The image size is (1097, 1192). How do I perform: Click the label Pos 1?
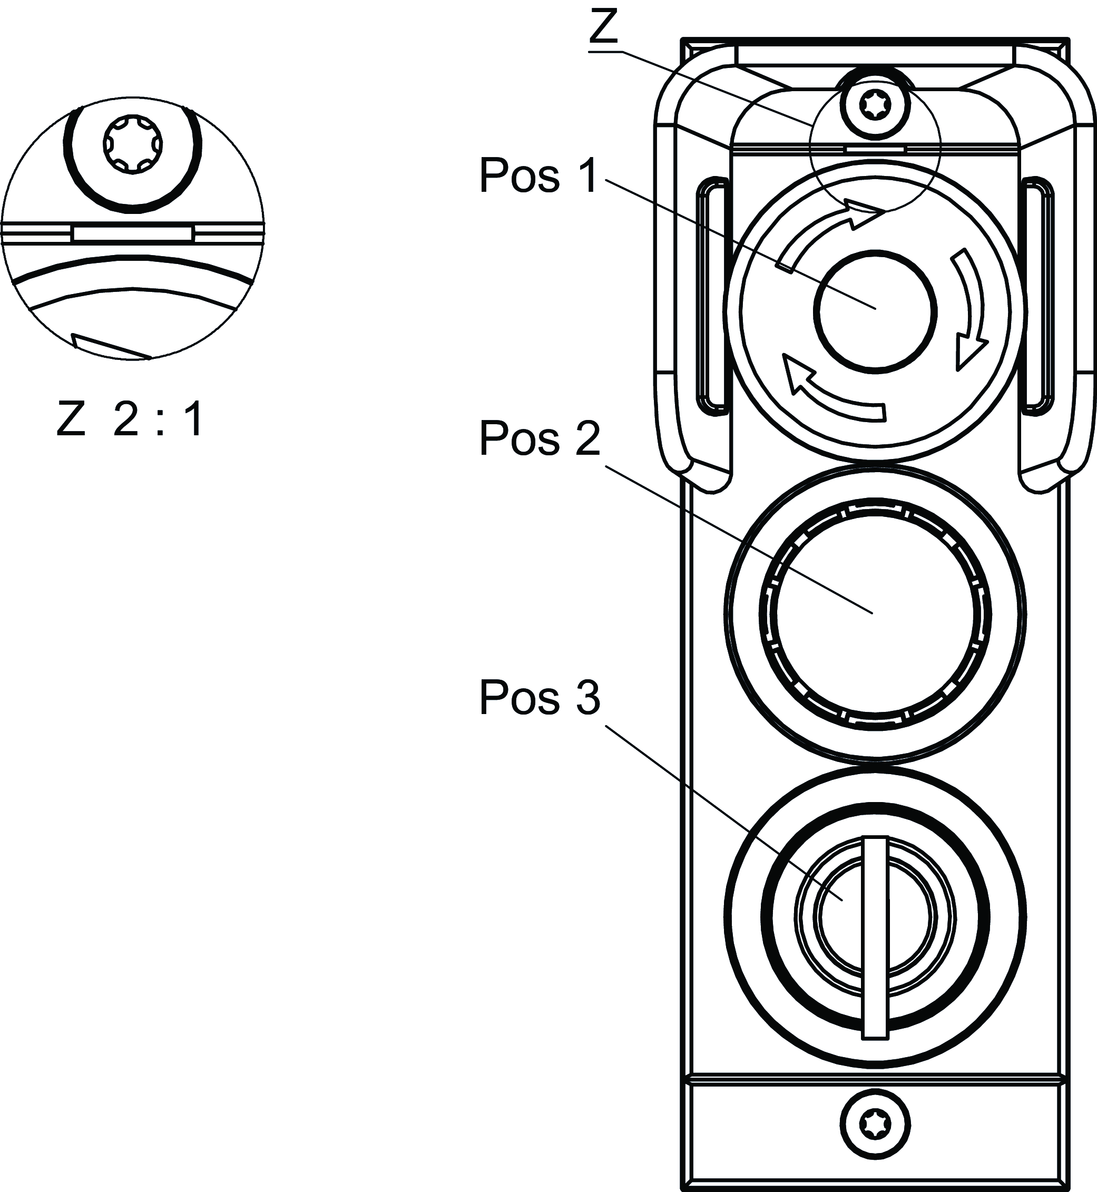(x=538, y=177)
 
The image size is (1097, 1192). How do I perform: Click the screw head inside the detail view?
(x=132, y=144)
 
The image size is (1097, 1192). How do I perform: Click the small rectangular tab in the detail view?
(x=132, y=233)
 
